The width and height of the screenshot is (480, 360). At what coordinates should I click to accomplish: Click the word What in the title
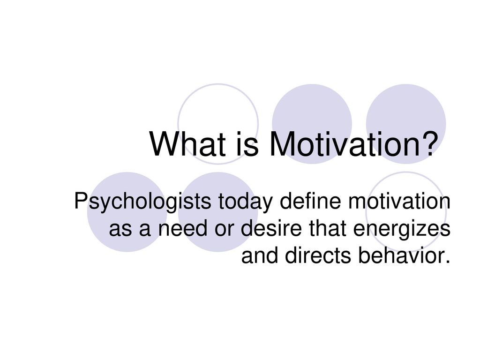[188, 143]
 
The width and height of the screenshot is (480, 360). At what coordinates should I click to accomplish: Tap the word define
[310, 201]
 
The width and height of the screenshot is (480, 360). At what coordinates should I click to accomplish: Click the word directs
[318, 255]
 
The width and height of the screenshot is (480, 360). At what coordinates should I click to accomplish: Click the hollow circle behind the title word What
[179, 124]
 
